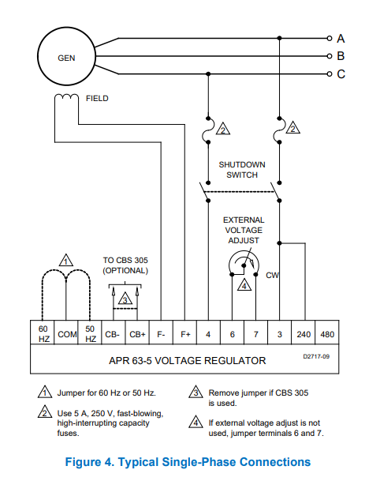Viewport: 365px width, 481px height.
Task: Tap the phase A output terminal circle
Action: (x=330, y=39)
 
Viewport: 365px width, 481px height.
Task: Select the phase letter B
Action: (x=341, y=56)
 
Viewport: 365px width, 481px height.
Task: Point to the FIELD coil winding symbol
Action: (x=66, y=96)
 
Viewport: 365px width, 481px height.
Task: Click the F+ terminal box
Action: (x=184, y=333)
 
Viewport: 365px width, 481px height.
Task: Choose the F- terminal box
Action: (x=161, y=333)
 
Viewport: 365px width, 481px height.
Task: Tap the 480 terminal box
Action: (x=327, y=333)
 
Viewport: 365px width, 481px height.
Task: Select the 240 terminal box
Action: (x=304, y=333)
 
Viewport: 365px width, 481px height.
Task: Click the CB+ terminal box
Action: (x=137, y=333)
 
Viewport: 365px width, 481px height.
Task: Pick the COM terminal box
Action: (x=66, y=333)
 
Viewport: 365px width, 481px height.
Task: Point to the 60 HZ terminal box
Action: (x=43, y=333)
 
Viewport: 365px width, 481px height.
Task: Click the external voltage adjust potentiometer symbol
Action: (x=244, y=263)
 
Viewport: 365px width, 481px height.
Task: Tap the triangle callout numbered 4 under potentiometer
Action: (x=244, y=284)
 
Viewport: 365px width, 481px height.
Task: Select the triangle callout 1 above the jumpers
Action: (x=66, y=260)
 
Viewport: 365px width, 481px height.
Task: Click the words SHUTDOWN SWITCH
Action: (x=242, y=170)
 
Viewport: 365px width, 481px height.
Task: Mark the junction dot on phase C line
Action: (x=208, y=74)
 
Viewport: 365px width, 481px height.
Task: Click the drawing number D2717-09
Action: (x=316, y=356)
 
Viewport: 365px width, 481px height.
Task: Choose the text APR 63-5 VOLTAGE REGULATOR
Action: (x=187, y=360)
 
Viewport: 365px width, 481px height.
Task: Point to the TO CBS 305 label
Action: (x=125, y=260)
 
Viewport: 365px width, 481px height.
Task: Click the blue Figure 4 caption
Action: (x=188, y=462)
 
